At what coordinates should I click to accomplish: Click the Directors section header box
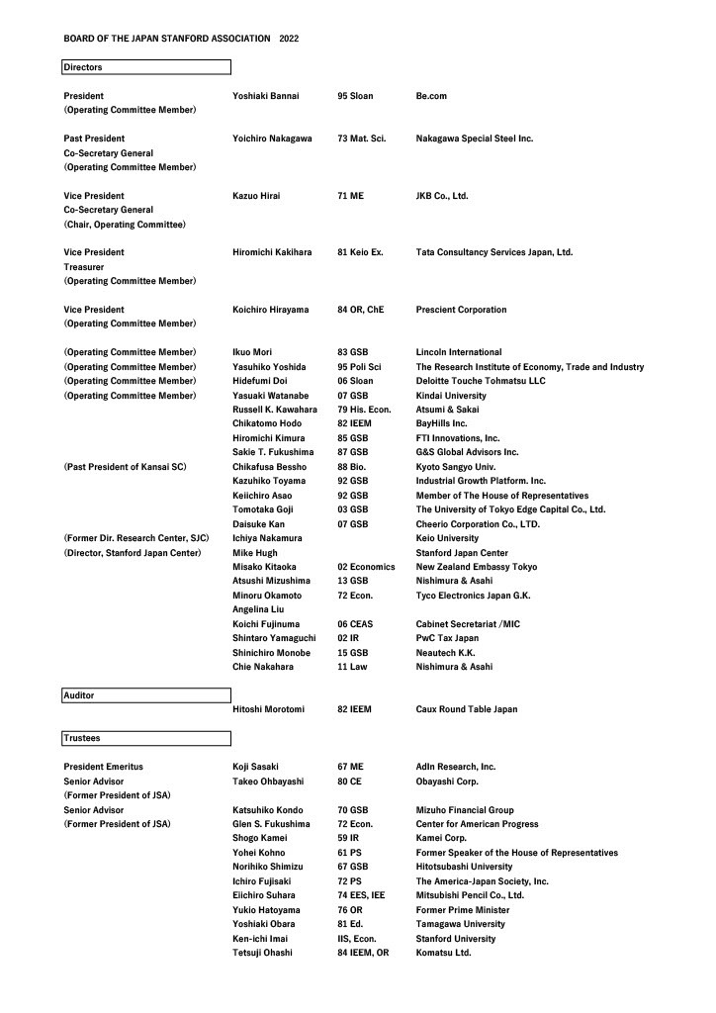146,67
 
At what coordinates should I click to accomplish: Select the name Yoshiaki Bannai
265,96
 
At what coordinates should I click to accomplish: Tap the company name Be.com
432,96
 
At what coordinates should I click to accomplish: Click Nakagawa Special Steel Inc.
475,138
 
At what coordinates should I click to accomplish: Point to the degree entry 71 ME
350,196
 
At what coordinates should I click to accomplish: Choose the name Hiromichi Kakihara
272,252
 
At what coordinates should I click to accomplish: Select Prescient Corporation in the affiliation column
461,310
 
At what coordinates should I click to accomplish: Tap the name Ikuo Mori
252,352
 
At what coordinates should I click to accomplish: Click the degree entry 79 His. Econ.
365,410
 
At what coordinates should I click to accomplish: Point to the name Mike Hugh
255,553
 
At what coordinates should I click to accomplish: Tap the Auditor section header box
146,696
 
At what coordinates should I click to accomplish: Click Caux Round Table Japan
467,709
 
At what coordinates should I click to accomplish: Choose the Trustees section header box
146,738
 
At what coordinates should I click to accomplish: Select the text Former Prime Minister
463,910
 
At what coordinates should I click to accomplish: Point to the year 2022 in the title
289,39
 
